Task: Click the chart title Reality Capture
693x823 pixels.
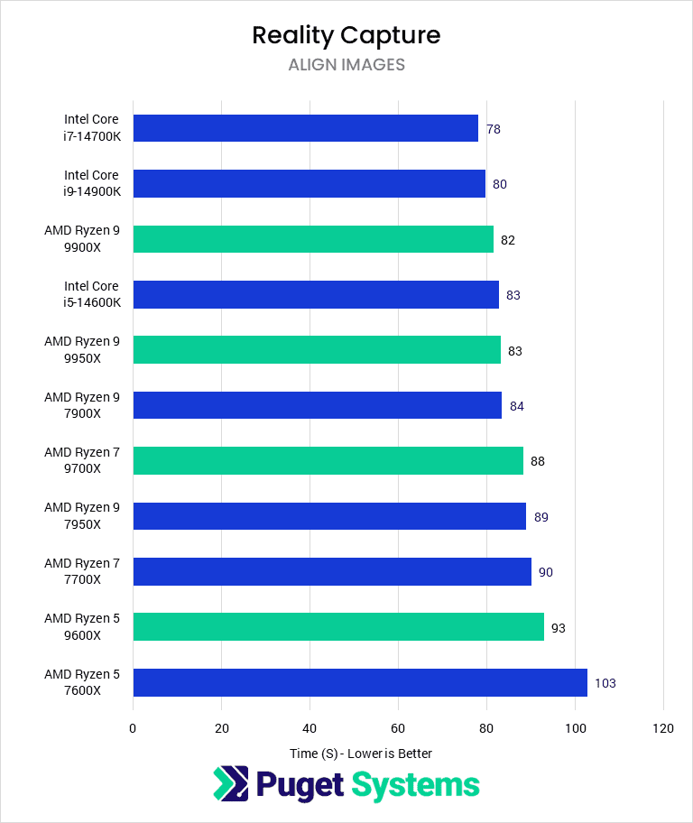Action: click(x=346, y=35)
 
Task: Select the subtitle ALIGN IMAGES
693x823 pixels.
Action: click(x=346, y=65)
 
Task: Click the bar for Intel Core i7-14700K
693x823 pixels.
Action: click(x=305, y=128)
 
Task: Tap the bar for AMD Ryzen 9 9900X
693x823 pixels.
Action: click(x=313, y=239)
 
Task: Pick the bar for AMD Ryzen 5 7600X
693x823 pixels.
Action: click(x=360, y=682)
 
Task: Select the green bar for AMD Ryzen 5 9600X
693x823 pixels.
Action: click(x=338, y=627)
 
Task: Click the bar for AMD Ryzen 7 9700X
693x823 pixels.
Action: click(x=328, y=460)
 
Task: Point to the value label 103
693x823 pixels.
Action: click(x=605, y=683)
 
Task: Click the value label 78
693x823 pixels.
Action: click(x=493, y=129)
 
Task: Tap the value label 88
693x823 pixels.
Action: click(x=537, y=461)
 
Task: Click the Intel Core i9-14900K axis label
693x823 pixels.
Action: click(x=91, y=183)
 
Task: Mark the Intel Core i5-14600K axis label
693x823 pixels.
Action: click(x=91, y=294)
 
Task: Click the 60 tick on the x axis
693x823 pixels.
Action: click(x=398, y=728)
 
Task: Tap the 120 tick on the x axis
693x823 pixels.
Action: click(x=663, y=728)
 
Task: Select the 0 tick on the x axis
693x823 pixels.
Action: click(x=133, y=728)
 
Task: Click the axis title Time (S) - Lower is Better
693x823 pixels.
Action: click(x=360, y=754)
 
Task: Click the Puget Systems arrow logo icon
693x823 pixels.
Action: click(x=230, y=783)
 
